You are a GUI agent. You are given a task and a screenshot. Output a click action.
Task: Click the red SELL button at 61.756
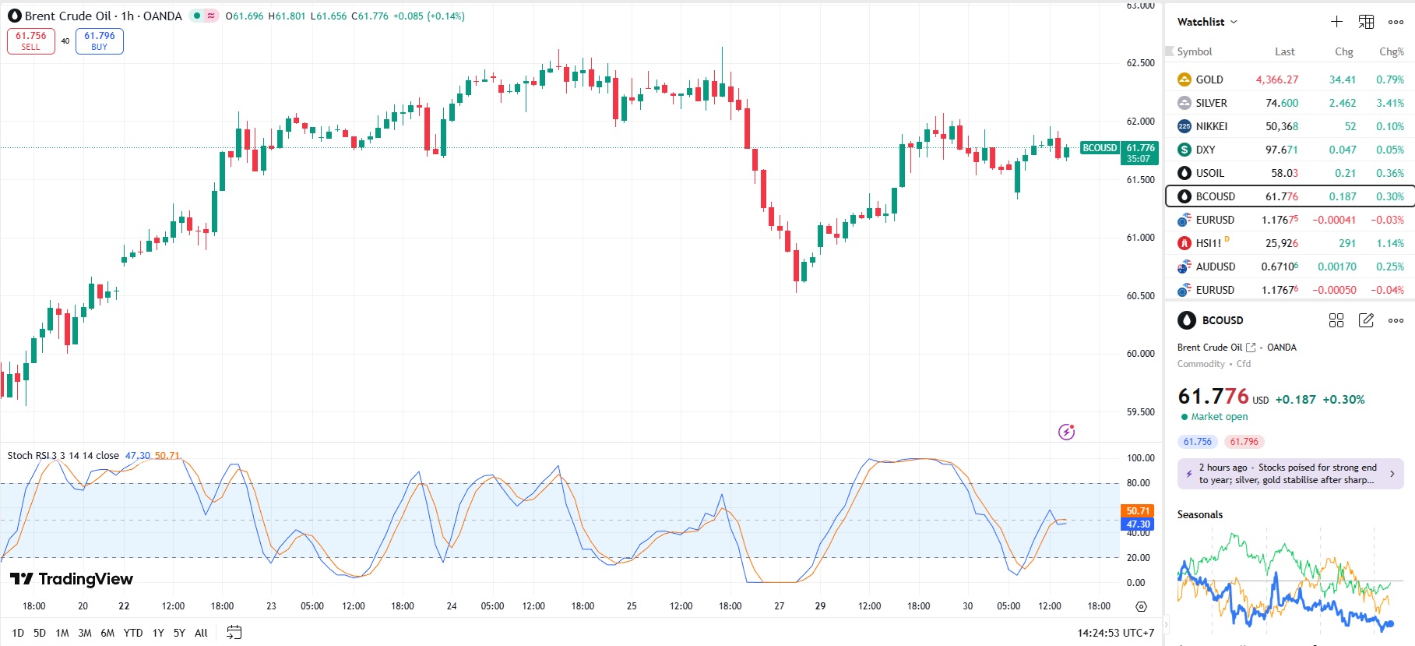pos(31,41)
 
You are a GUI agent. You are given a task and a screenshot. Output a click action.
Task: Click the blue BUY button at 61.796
pos(100,41)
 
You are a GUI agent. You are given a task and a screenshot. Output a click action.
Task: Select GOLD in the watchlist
pos(1209,79)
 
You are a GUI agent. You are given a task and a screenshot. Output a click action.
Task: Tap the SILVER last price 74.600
pos(1281,103)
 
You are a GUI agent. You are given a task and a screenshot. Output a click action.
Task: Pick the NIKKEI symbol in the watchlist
pos(1211,126)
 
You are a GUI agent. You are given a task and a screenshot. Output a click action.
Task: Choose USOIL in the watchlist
pos(1209,173)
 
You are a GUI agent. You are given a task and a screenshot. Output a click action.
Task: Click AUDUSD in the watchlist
pos(1215,267)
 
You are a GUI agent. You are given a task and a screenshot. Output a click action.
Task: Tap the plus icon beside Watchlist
pos(1336,22)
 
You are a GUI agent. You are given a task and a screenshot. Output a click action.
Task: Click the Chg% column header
pos(1391,51)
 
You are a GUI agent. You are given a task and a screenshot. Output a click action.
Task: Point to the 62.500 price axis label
pos(1140,63)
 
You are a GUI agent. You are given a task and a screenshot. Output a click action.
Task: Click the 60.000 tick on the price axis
pos(1140,354)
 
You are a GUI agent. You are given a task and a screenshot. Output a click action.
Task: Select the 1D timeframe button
pos(18,633)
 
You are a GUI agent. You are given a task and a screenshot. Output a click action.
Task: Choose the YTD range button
pos(133,633)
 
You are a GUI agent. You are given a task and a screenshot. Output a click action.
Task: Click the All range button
pos(201,633)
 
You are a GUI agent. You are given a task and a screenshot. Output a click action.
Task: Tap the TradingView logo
pos(72,579)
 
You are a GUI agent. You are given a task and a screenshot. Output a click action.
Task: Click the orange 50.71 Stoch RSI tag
pos(1138,511)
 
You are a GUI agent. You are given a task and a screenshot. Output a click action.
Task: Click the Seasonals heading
pos(1199,514)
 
